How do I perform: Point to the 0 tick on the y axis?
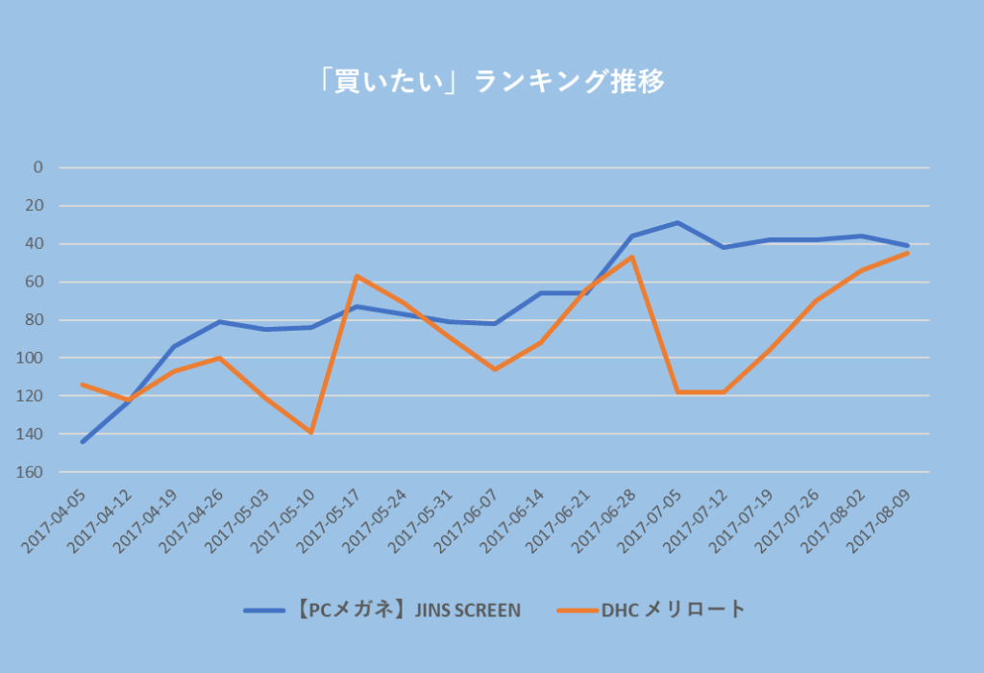pyautogui.click(x=38, y=167)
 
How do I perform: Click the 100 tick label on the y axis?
pyautogui.click(x=33, y=358)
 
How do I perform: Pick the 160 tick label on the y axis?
pyautogui.click(x=33, y=472)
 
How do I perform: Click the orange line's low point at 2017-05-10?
pyautogui.click(x=311, y=433)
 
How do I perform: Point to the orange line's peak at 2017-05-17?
pyautogui.click(x=357, y=276)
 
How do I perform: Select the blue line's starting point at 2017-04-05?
pyautogui.click(x=83, y=442)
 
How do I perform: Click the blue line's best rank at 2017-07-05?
pyautogui.click(x=678, y=222)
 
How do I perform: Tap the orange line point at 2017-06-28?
pyautogui.click(x=632, y=257)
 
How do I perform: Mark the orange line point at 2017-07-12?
pyautogui.click(x=724, y=392)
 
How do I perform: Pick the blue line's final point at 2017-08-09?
pyautogui.click(x=907, y=245)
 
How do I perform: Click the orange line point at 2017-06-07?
pyautogui.click(x=495, y=369)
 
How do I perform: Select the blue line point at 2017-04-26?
pyautogui.click(x=219, y=321)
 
